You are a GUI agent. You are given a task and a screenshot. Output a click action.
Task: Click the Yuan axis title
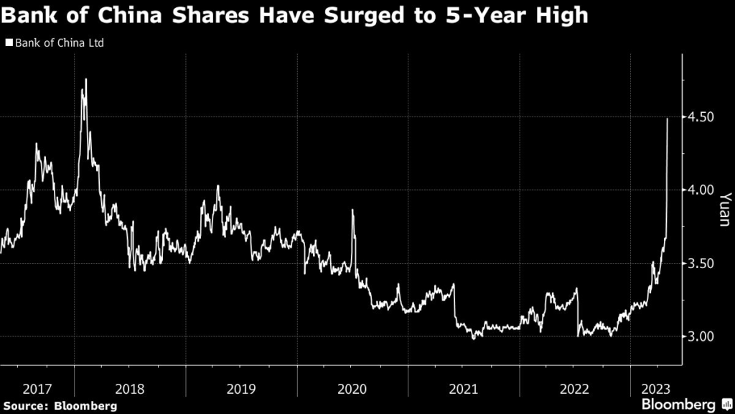[x=725, y=209]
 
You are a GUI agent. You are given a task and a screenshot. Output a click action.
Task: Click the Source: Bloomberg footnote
[x=59, y=405]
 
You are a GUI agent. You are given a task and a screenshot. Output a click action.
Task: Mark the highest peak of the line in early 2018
[x=86, y=79]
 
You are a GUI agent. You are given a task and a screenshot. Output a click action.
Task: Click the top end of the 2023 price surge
[x=668, y=119]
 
